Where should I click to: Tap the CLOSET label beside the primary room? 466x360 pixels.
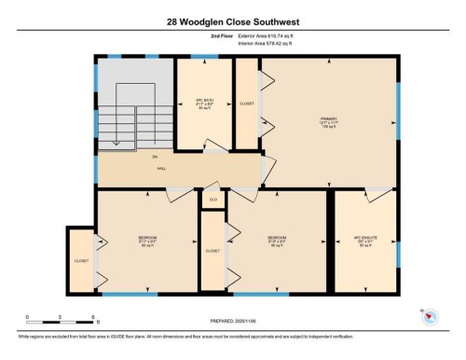(x=246, y=104)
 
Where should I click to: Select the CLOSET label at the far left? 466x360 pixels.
(x=81, y=260)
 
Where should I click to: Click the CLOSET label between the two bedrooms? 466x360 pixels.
(x=212, y=251)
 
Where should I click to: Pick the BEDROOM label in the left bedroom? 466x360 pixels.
(x=147, y=238)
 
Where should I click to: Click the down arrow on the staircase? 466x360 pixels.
(x=116, y=142)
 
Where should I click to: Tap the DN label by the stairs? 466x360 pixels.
(x=155, y=157)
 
